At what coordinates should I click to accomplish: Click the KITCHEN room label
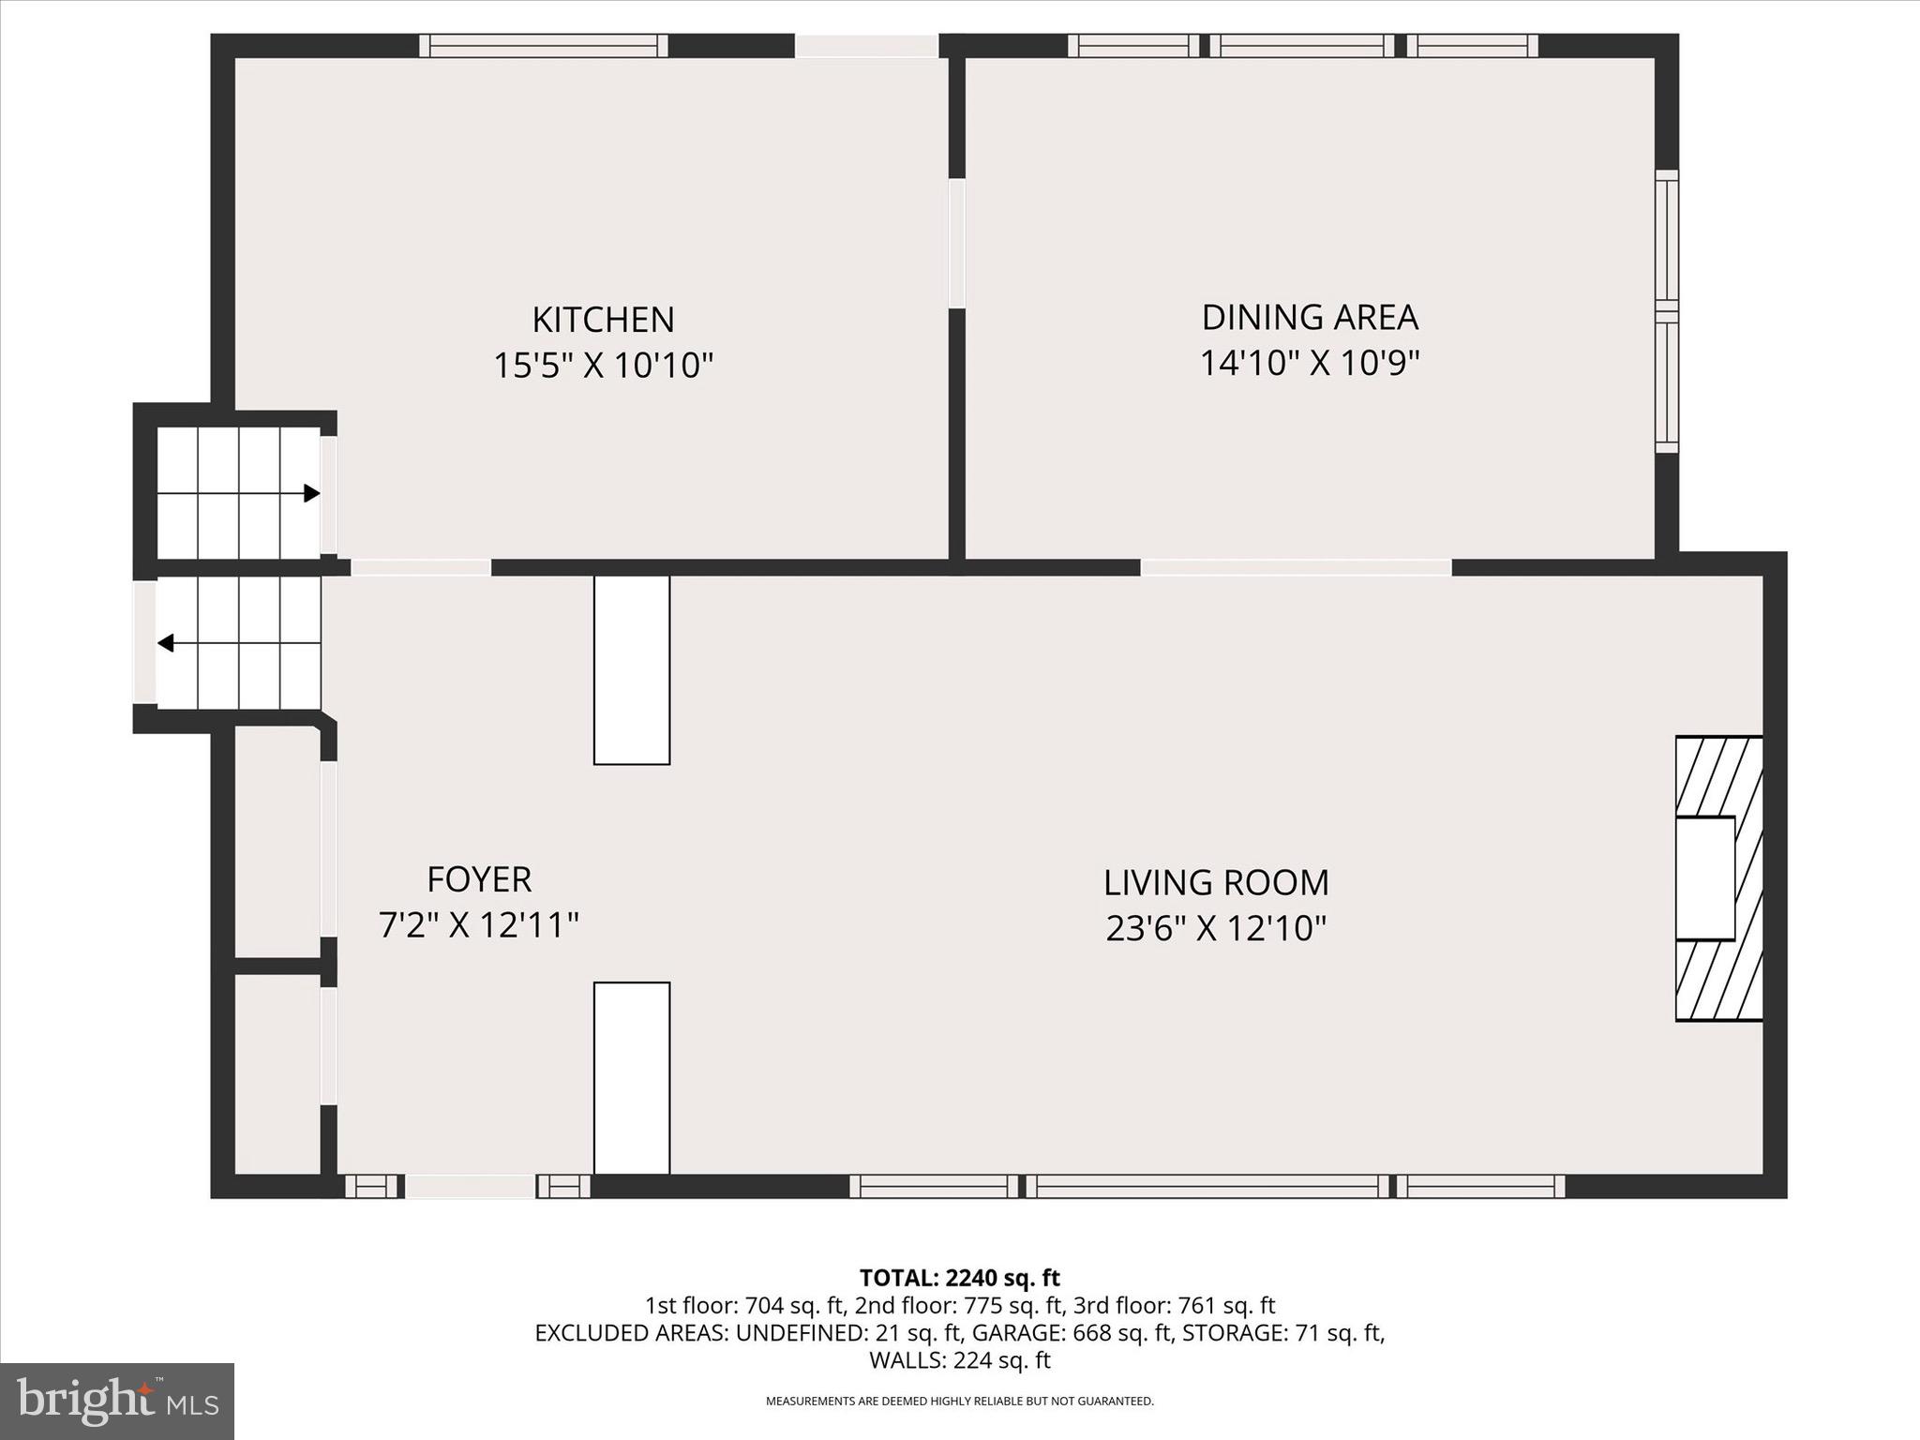[x=603, y=320]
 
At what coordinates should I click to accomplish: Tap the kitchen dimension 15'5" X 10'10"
[x=603, y=365]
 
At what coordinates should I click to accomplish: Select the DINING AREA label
[x=1310, y=317]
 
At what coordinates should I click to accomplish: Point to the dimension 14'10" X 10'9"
[x=1310, y=362]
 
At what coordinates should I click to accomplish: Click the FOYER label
[x=479, y=879]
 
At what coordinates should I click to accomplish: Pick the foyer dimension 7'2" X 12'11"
[x=479, y=925]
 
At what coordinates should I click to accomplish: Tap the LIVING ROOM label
[x=1216, y=883]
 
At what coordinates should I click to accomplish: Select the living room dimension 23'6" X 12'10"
[x=1216, y=929]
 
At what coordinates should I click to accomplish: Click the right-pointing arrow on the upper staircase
[x=311, y=493]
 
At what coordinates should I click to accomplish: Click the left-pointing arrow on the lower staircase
[x=166, y=643]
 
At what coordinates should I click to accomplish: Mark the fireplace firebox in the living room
[x=1705, y=877]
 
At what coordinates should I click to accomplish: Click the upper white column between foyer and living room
[x=632, y=669]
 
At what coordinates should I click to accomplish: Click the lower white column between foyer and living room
[x=632, y=1077]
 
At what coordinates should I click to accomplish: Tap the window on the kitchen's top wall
[x=543, y=46]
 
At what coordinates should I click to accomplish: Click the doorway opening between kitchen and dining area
[x=956, y=243]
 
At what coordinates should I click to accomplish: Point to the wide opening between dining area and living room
[x=1296, y=567]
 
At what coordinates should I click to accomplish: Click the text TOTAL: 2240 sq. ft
[x=959, y=1278]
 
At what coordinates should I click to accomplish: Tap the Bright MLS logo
[x=116, y=1402]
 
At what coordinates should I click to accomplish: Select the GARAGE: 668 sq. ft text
[x=1071, y=1333]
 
